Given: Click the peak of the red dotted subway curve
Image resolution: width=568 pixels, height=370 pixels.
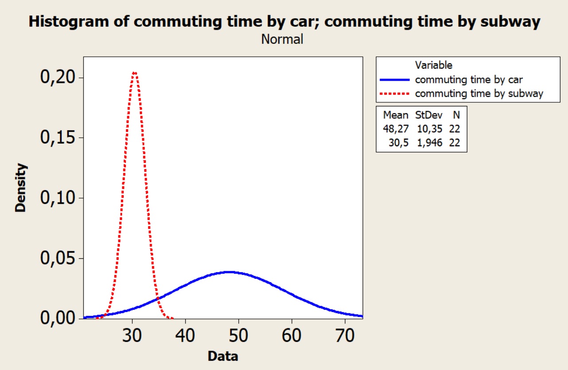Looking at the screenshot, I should pos(134,72).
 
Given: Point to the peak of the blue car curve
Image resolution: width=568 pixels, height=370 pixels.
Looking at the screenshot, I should pos(229,272).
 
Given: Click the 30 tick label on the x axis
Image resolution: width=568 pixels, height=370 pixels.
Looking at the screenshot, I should pos(133,336).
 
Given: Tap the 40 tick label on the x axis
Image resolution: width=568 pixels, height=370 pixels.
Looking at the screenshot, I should pos(186,336).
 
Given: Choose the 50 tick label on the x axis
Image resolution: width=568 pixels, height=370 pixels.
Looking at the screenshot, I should pos(239,336).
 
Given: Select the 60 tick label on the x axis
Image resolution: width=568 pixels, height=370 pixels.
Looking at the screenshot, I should pos(292,336).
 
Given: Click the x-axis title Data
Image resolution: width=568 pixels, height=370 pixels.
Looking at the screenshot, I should pos(223,356).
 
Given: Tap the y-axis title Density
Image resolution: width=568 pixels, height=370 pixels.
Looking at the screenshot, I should pos(21,187).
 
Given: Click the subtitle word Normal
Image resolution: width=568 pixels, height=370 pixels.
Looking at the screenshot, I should pos(282,39).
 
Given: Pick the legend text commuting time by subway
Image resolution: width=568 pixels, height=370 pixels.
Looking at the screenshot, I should pos(479,93).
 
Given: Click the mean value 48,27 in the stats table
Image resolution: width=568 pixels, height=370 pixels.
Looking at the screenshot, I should pos(396,129).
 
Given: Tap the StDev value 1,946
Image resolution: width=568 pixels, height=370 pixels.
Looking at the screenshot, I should pos(429,142).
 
